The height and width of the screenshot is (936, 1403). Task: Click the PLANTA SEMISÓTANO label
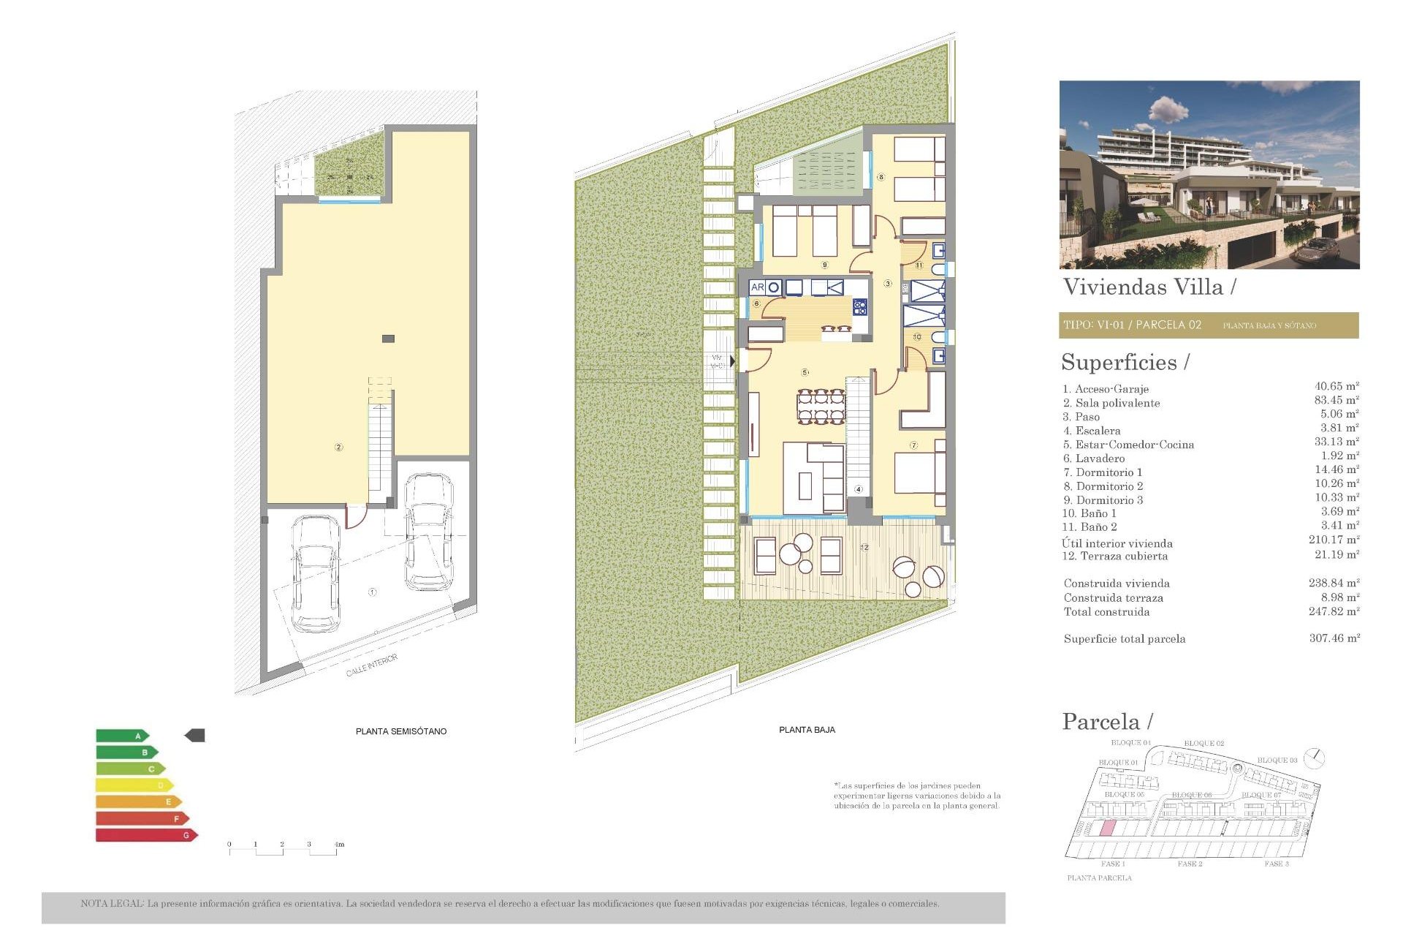(400, 731)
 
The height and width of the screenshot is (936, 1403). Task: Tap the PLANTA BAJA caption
(807, 730)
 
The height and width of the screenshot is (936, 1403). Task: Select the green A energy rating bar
(121, 736)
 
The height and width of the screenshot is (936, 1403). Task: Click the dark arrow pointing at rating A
(194, 736)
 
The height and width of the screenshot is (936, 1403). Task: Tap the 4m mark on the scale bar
(339, 845)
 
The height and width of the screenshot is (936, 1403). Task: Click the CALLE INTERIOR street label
(372, 665)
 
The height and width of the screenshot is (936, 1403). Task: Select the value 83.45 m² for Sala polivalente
(1336, 400)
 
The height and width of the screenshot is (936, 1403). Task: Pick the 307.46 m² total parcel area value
(1334, 638)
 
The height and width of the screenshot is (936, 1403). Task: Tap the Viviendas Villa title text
(1143, 287)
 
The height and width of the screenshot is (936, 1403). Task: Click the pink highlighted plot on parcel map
(1107, 829)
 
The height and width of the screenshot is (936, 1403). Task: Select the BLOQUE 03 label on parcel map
(1277, 760)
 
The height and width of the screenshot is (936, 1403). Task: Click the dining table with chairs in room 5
(821, 407)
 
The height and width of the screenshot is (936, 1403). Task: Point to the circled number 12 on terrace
(864, 547)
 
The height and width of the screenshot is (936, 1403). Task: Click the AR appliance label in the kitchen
(757, 287)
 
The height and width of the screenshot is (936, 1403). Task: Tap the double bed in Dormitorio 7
(918, 473)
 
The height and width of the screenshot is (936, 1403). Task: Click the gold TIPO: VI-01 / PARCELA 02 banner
(1209, 325)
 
